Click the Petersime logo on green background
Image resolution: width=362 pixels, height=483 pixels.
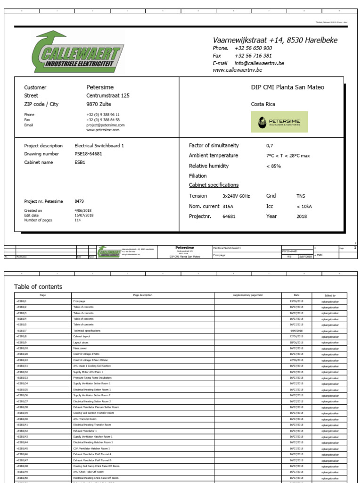[280, 122]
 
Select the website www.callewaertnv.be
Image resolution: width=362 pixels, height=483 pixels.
[237, 70]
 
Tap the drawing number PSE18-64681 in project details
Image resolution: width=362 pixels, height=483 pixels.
[88, 154]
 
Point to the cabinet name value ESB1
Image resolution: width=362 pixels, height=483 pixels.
[80, 162]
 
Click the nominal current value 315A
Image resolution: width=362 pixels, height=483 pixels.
[228, 206]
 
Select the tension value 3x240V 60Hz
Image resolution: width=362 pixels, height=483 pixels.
[236, 196]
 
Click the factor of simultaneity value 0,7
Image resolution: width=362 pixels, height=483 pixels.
[270, 146]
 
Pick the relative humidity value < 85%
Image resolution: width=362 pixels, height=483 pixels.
[274, 166]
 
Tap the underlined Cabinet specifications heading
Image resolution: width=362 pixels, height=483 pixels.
[214, 185]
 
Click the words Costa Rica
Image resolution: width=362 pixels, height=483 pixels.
[263, 104]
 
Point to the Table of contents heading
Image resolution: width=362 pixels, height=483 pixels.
[38, 287]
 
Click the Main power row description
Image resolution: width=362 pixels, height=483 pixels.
[80, 348]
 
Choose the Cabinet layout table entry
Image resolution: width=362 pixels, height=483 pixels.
[82, 336]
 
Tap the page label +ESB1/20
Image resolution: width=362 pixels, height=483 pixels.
[22, 354]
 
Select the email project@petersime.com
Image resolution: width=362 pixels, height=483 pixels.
[105, 125]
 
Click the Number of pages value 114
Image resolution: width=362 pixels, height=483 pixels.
[78, 220]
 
